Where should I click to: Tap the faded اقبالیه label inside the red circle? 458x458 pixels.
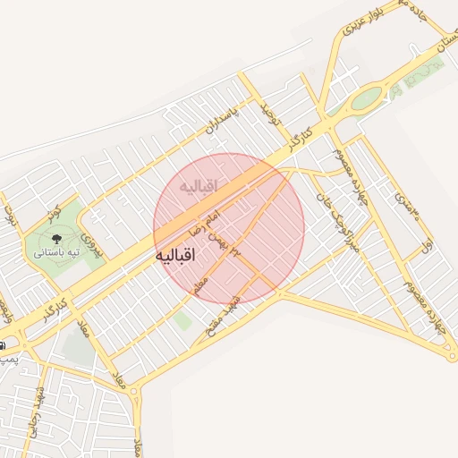(x=199, y=188)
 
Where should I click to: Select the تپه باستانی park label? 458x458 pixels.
(x=57, y=253)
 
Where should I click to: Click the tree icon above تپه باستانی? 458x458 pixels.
(x=56, y=238)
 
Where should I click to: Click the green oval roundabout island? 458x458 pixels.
(x=366, y=99)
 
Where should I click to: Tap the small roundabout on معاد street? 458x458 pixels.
(x=135, y=391)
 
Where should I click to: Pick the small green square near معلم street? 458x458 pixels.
(x=182, y=319)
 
